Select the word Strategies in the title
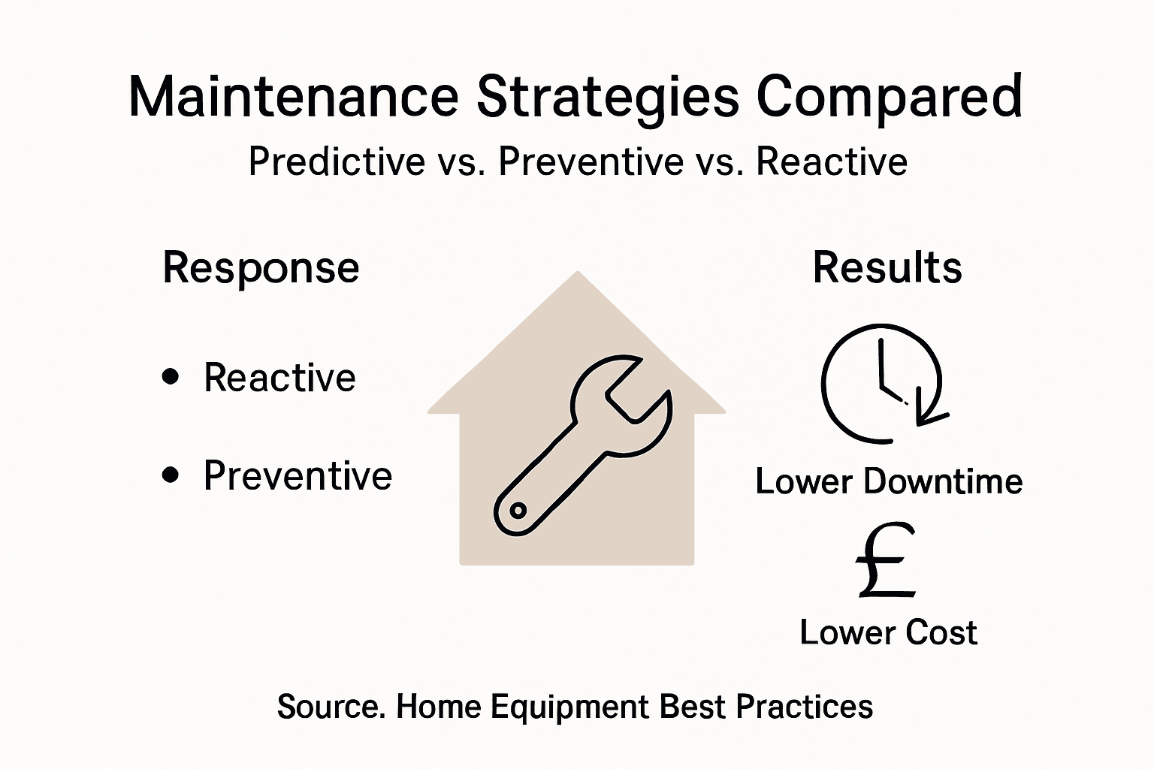pyautogui.click(x=608, y=98)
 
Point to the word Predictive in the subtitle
pyautogui.click(x=337, y=161)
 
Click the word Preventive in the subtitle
pyautogui.click(x=591, y=161)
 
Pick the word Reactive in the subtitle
pyautogui.click(x=832, y=161)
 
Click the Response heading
pyautogui.click(x=261, y=269)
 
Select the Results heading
pyautogui.click(x=887, y=267)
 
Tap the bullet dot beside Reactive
pyautogui.click(x=171, y=376)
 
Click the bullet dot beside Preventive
pyautogui.click(x=171, y=475)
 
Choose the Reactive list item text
pyautogui.click(x=279, y=377)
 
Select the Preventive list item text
pyautogui.click(x=298, y=475)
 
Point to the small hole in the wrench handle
pyautogui.click(x=517, y=511)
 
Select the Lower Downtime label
pyautogui.click(x=889, y=481)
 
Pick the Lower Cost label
pyautogui.click(x=888, y=632)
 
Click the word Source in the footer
pyautogui.click(x=328, y=707)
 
